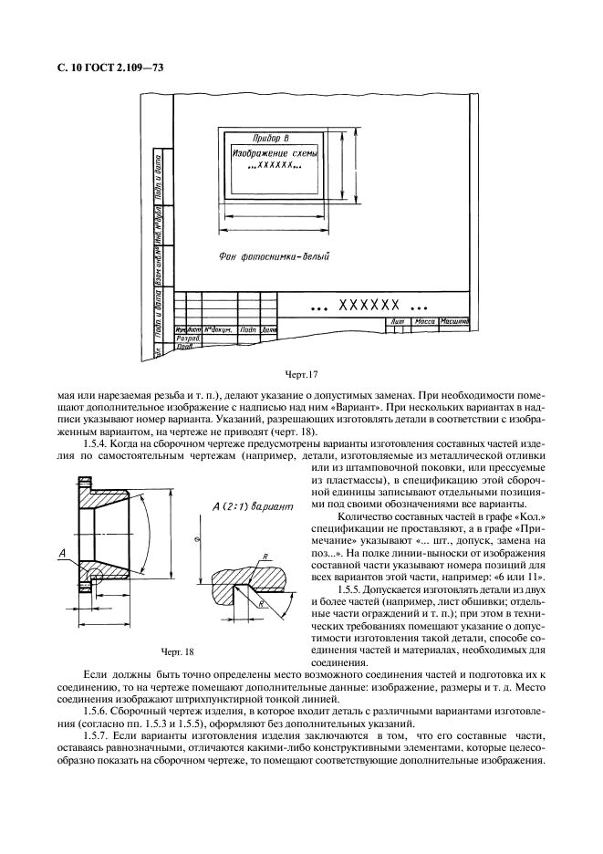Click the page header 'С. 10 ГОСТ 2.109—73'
coord(100,68)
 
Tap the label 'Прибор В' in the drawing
coord(271,138)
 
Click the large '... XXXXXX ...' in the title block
coord(369,304)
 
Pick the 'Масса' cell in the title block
coord(423,321)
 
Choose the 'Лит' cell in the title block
coord(396,321)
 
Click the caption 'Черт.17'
coord(300,373)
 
